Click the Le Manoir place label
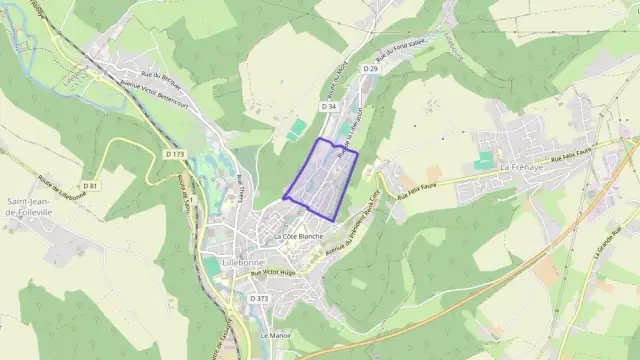273,336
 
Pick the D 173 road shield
174,154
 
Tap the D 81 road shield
90,186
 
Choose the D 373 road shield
259,299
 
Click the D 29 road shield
370,68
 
